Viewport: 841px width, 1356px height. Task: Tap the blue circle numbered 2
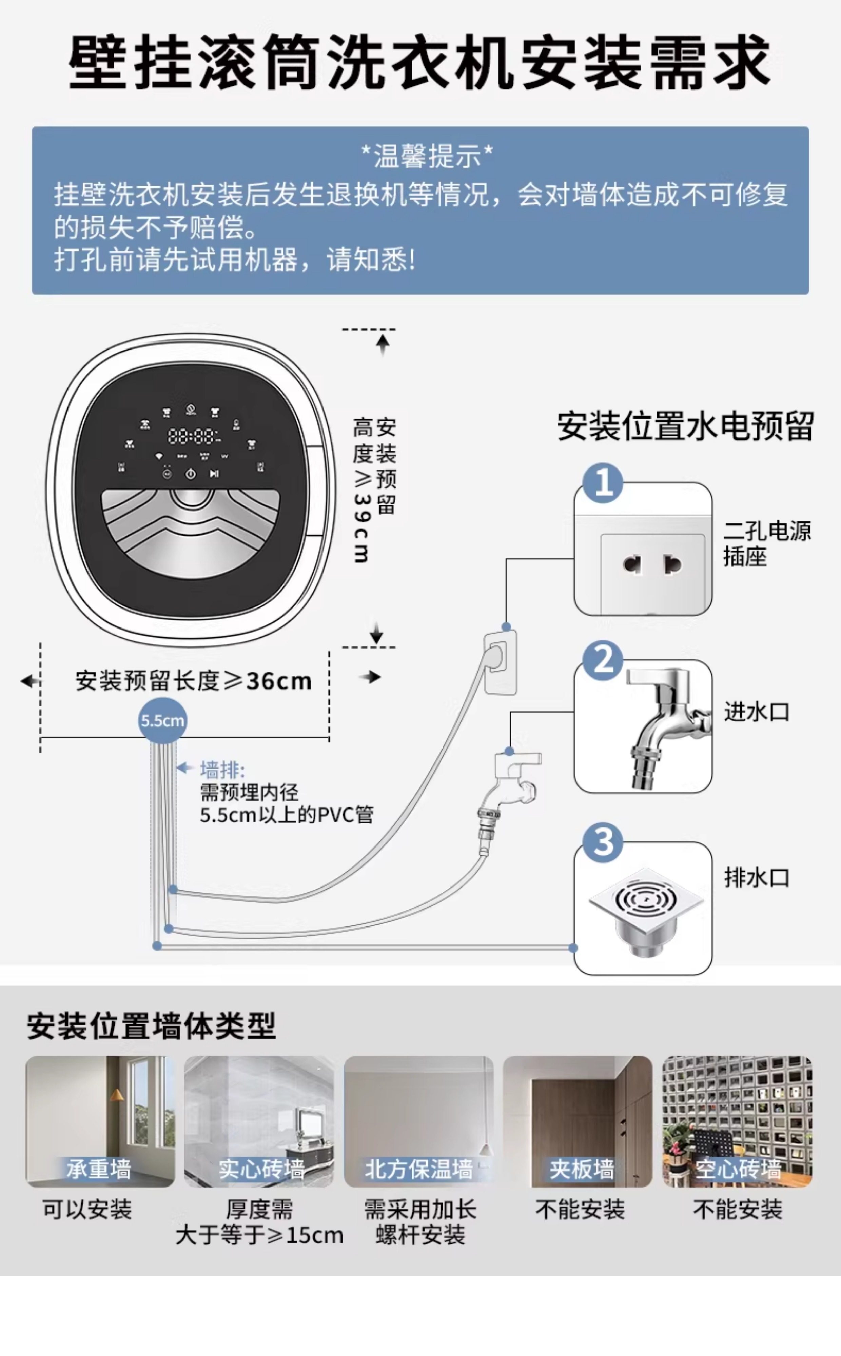[x=603, y=660]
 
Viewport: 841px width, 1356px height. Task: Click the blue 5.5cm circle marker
[x=162, y=720]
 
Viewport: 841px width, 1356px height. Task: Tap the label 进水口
[x=757, y=712]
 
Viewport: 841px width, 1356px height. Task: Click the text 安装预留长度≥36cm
[x=194, y=680]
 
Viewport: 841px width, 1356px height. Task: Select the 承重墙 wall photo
[x=100, y=1121]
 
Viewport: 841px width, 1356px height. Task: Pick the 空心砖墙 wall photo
[x=737, y=1121]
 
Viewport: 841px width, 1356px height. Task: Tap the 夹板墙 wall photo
[x=578, y=1121]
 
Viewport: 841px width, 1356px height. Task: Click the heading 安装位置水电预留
[x=685, y=426]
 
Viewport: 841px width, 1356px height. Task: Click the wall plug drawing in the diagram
[x=501, y=662]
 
